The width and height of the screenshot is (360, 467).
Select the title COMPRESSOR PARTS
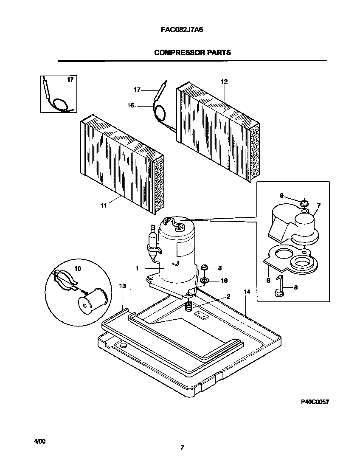pos(192,53)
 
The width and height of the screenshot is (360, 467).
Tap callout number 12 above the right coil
pos(224,82)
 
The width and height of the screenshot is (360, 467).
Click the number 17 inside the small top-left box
pos(70,80)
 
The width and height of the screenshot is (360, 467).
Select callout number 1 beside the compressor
pos(138,268)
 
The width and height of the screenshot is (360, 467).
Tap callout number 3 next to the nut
pos(220,268)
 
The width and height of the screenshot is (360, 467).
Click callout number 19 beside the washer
pos(224,281)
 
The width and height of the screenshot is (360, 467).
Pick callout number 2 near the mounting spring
pos(228,296)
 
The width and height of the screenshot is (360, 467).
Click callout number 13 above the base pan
pos(122,287)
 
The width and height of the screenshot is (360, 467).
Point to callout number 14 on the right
pos(247,292)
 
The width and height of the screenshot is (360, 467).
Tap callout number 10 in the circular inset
pos(78,269)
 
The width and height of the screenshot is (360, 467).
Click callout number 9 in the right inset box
pos(281,195)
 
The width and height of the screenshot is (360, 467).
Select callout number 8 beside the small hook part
pos(295,287)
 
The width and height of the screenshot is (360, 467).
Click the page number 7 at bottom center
pos(182,447)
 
